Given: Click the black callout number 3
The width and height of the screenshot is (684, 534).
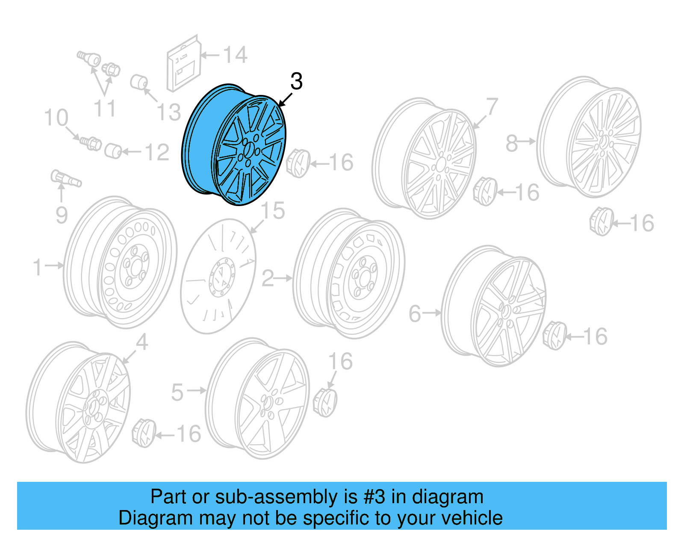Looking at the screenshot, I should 296,81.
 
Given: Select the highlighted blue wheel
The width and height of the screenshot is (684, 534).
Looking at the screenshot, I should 234,145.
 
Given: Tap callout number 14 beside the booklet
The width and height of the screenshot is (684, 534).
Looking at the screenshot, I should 235,55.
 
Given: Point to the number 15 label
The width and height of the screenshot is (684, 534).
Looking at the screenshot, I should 273,211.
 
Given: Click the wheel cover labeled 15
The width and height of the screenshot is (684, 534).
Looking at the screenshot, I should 218,276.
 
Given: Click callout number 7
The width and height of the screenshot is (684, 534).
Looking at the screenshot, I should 492,106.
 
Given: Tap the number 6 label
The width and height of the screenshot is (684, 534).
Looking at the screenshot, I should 415,314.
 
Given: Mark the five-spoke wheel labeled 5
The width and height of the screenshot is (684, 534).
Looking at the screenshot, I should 258,398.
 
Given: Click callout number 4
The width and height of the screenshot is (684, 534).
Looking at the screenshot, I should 142,342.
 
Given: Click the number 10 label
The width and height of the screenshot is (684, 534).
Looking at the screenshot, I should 56,118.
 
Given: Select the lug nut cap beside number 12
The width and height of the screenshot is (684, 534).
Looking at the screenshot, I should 113,151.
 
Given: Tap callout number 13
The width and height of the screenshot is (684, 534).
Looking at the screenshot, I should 169,112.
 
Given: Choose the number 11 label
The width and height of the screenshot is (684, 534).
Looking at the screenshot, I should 105,109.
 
